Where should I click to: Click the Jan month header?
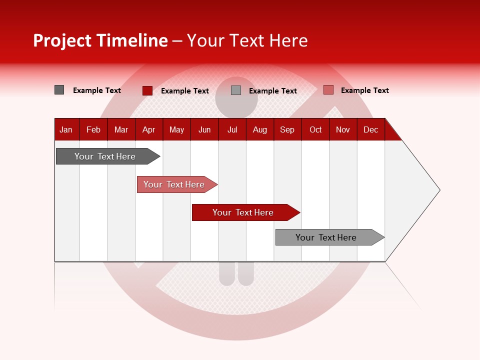point(66,129)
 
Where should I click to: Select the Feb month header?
point(93,129)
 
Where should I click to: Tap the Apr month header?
point(148,129)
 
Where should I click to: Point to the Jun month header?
point(204,129)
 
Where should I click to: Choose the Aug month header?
point(260,129)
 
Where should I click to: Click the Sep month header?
point(287,129)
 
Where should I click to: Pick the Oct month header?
point(315,129)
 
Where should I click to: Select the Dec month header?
point(370,129)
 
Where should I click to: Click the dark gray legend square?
point(59,90)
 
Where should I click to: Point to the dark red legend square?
point(147,90)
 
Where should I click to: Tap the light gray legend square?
point(236,90)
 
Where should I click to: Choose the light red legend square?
point(328,90)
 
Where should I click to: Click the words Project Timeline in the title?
point(100,40)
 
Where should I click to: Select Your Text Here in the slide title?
point(247,40)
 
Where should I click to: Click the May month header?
point(176,129)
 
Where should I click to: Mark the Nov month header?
point(343,129)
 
